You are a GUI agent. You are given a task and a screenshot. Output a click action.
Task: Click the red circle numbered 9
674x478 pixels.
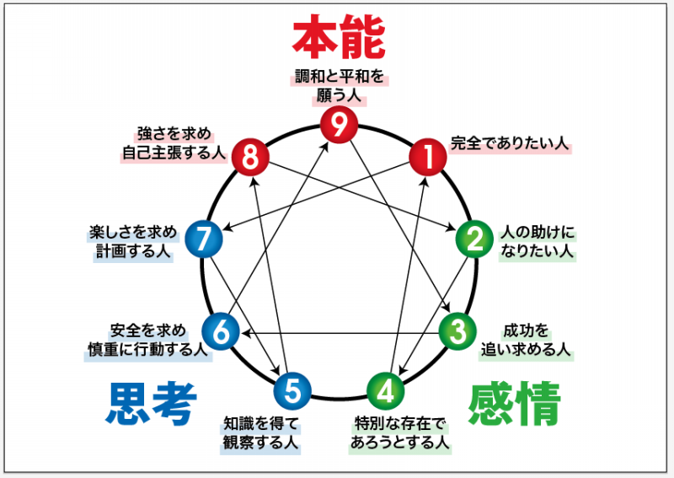pyautogui.click(x=339, y=126)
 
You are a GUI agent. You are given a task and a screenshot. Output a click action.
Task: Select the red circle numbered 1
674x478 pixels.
pyautogui.click(x=427, y=155)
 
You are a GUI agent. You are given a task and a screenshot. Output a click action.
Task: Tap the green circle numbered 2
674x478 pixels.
pyautogui.click(x=473, y=239)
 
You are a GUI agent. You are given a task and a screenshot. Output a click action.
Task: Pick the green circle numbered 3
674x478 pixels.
pyautogui.click(x=456, y=330)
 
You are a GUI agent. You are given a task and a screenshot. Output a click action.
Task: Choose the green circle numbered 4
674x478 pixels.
pyautogui.click(x=386, y=389)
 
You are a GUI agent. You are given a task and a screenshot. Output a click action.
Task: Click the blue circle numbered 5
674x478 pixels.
pyautogui.click(x=292, y=389)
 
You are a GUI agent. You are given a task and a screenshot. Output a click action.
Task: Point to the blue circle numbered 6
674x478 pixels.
pyautogui.click(x=221, y=330)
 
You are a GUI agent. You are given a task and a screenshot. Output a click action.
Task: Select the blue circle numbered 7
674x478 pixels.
pyautogui.click(x=203, y=239)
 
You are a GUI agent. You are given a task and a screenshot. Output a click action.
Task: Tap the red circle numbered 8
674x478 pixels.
pyautogui.click(x=249, y=155)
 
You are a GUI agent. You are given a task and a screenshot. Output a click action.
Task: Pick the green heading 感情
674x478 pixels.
pyautogui.click(x=514, y=404)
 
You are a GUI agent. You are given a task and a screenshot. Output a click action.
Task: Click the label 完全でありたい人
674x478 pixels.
pyautogui.click(x=511, y=143)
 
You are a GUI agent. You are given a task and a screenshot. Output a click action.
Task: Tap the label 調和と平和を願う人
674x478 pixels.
pyautogui.click(x=339, y=86)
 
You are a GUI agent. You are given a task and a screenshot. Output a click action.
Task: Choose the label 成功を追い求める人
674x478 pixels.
pyautogui.click(x=527, y=338)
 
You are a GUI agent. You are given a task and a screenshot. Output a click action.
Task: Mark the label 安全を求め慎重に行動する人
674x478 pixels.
pyautogui.click(x=147, y=338)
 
